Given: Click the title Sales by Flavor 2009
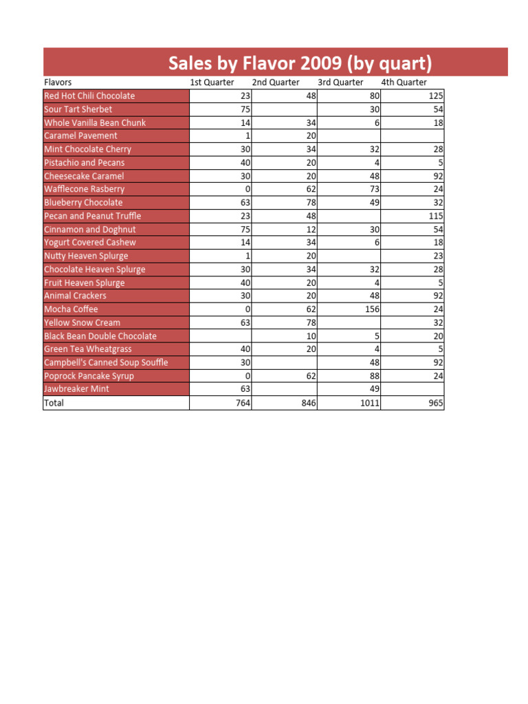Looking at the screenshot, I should click(x=300, y=64).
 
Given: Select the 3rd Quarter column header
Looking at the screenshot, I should click(x=340, y=82).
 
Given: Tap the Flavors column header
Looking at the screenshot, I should click(x=58, y=82).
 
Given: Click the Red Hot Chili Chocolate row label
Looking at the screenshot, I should click(x=89, y=96).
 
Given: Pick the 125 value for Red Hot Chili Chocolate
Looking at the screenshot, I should click(x=436, y=96).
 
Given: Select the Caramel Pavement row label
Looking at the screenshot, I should click(x=80, y=136).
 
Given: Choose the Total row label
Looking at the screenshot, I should click(x=54, y=403).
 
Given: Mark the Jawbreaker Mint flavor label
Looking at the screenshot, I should click(x=76, y=389).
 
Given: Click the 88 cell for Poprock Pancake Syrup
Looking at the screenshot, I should click(x=374, y=376).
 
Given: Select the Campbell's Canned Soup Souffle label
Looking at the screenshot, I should click(x=106, y=362).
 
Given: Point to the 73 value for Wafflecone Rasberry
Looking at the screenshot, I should click(x=374, y=189).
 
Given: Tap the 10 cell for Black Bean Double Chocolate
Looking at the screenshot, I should click(x=311, y=336).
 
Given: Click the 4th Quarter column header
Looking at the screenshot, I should click(x=404, y=82).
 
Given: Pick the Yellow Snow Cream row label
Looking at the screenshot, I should click(x=82, y=322).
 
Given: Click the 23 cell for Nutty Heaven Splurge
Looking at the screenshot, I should click(x=438, y=256).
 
